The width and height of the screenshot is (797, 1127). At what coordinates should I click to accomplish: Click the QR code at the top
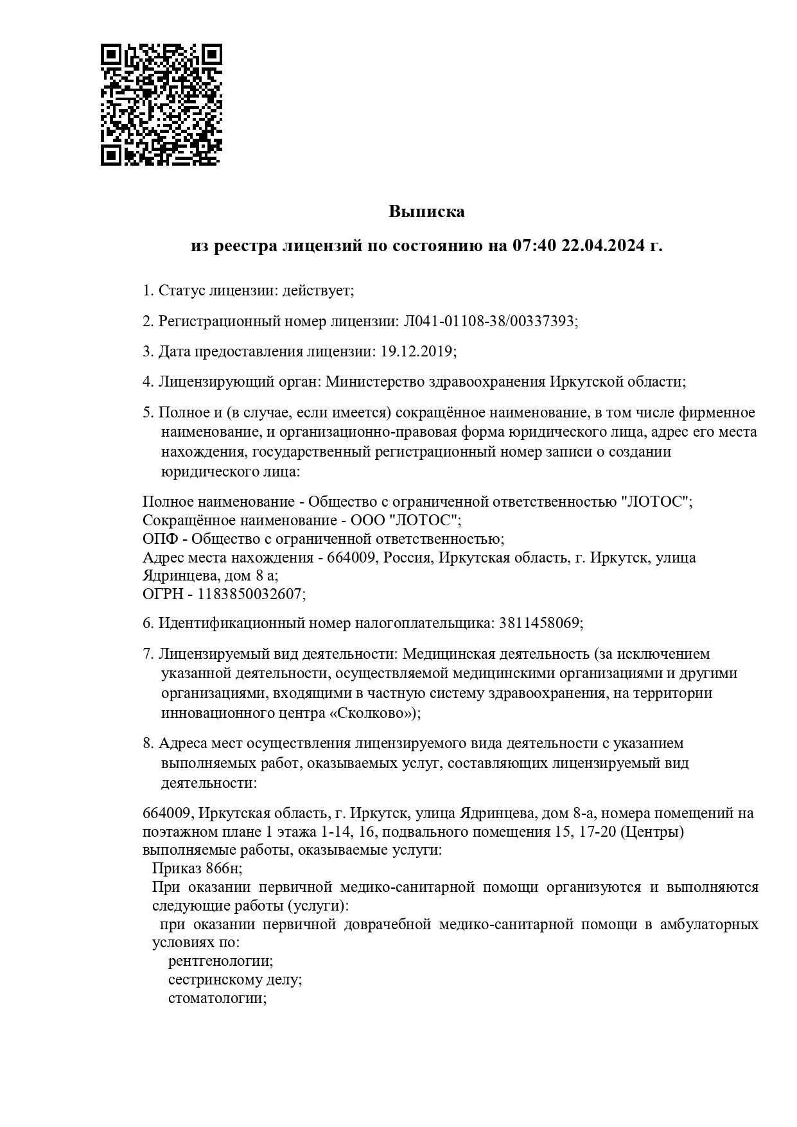click(x=161, y=105)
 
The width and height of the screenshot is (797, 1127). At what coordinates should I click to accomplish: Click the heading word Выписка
click(x=426, y=211)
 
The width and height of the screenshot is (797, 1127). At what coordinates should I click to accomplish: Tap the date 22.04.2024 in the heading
click(x=602, y=245)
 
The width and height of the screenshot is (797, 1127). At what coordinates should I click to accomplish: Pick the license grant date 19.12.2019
click(x=417, y=351)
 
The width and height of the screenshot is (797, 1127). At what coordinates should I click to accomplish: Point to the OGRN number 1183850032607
click(x=249, y=595)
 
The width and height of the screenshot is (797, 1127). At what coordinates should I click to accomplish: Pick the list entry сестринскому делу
click(x=235, y=980)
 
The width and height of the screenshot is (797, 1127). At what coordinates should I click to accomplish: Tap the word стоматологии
click(x=217, y=999)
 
